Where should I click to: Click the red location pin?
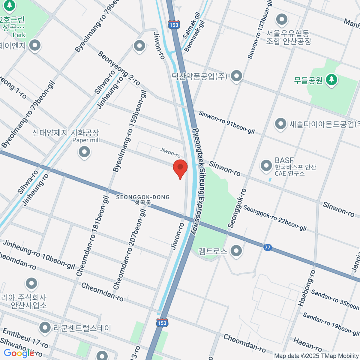180,168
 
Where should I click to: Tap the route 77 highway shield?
267,248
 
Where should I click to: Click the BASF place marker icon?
266,166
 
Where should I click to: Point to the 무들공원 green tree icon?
331,80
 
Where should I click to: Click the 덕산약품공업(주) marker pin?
237,76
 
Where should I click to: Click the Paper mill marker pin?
84,152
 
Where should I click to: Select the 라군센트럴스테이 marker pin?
45,328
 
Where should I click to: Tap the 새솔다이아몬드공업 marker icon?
280,124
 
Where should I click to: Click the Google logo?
19,353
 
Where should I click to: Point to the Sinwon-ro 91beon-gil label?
226,122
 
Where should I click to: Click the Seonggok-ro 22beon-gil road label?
274,218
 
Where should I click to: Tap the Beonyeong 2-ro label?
119,68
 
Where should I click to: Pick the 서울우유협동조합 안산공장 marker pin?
281,19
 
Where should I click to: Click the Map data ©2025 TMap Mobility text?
316,356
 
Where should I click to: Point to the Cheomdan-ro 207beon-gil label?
130,250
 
